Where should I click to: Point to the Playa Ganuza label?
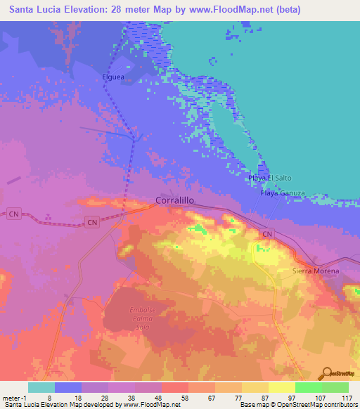[x=283, y=193]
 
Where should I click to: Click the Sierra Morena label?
[x=316, y=271]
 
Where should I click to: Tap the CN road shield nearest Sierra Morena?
[x=266, y=233]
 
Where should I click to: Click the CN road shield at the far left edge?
[x=13, y=214]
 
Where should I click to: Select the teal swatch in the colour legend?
[x=41, y=387]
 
